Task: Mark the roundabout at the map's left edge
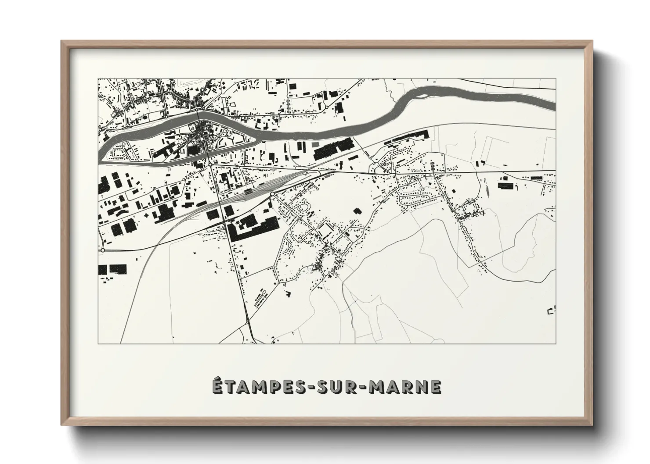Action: tap(102, 250)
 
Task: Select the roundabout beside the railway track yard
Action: tap(272, 193)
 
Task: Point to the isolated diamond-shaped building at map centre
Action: tap(357, 211)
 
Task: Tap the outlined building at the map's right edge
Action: tap(551, 311)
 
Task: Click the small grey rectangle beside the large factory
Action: tap(315, 143)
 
